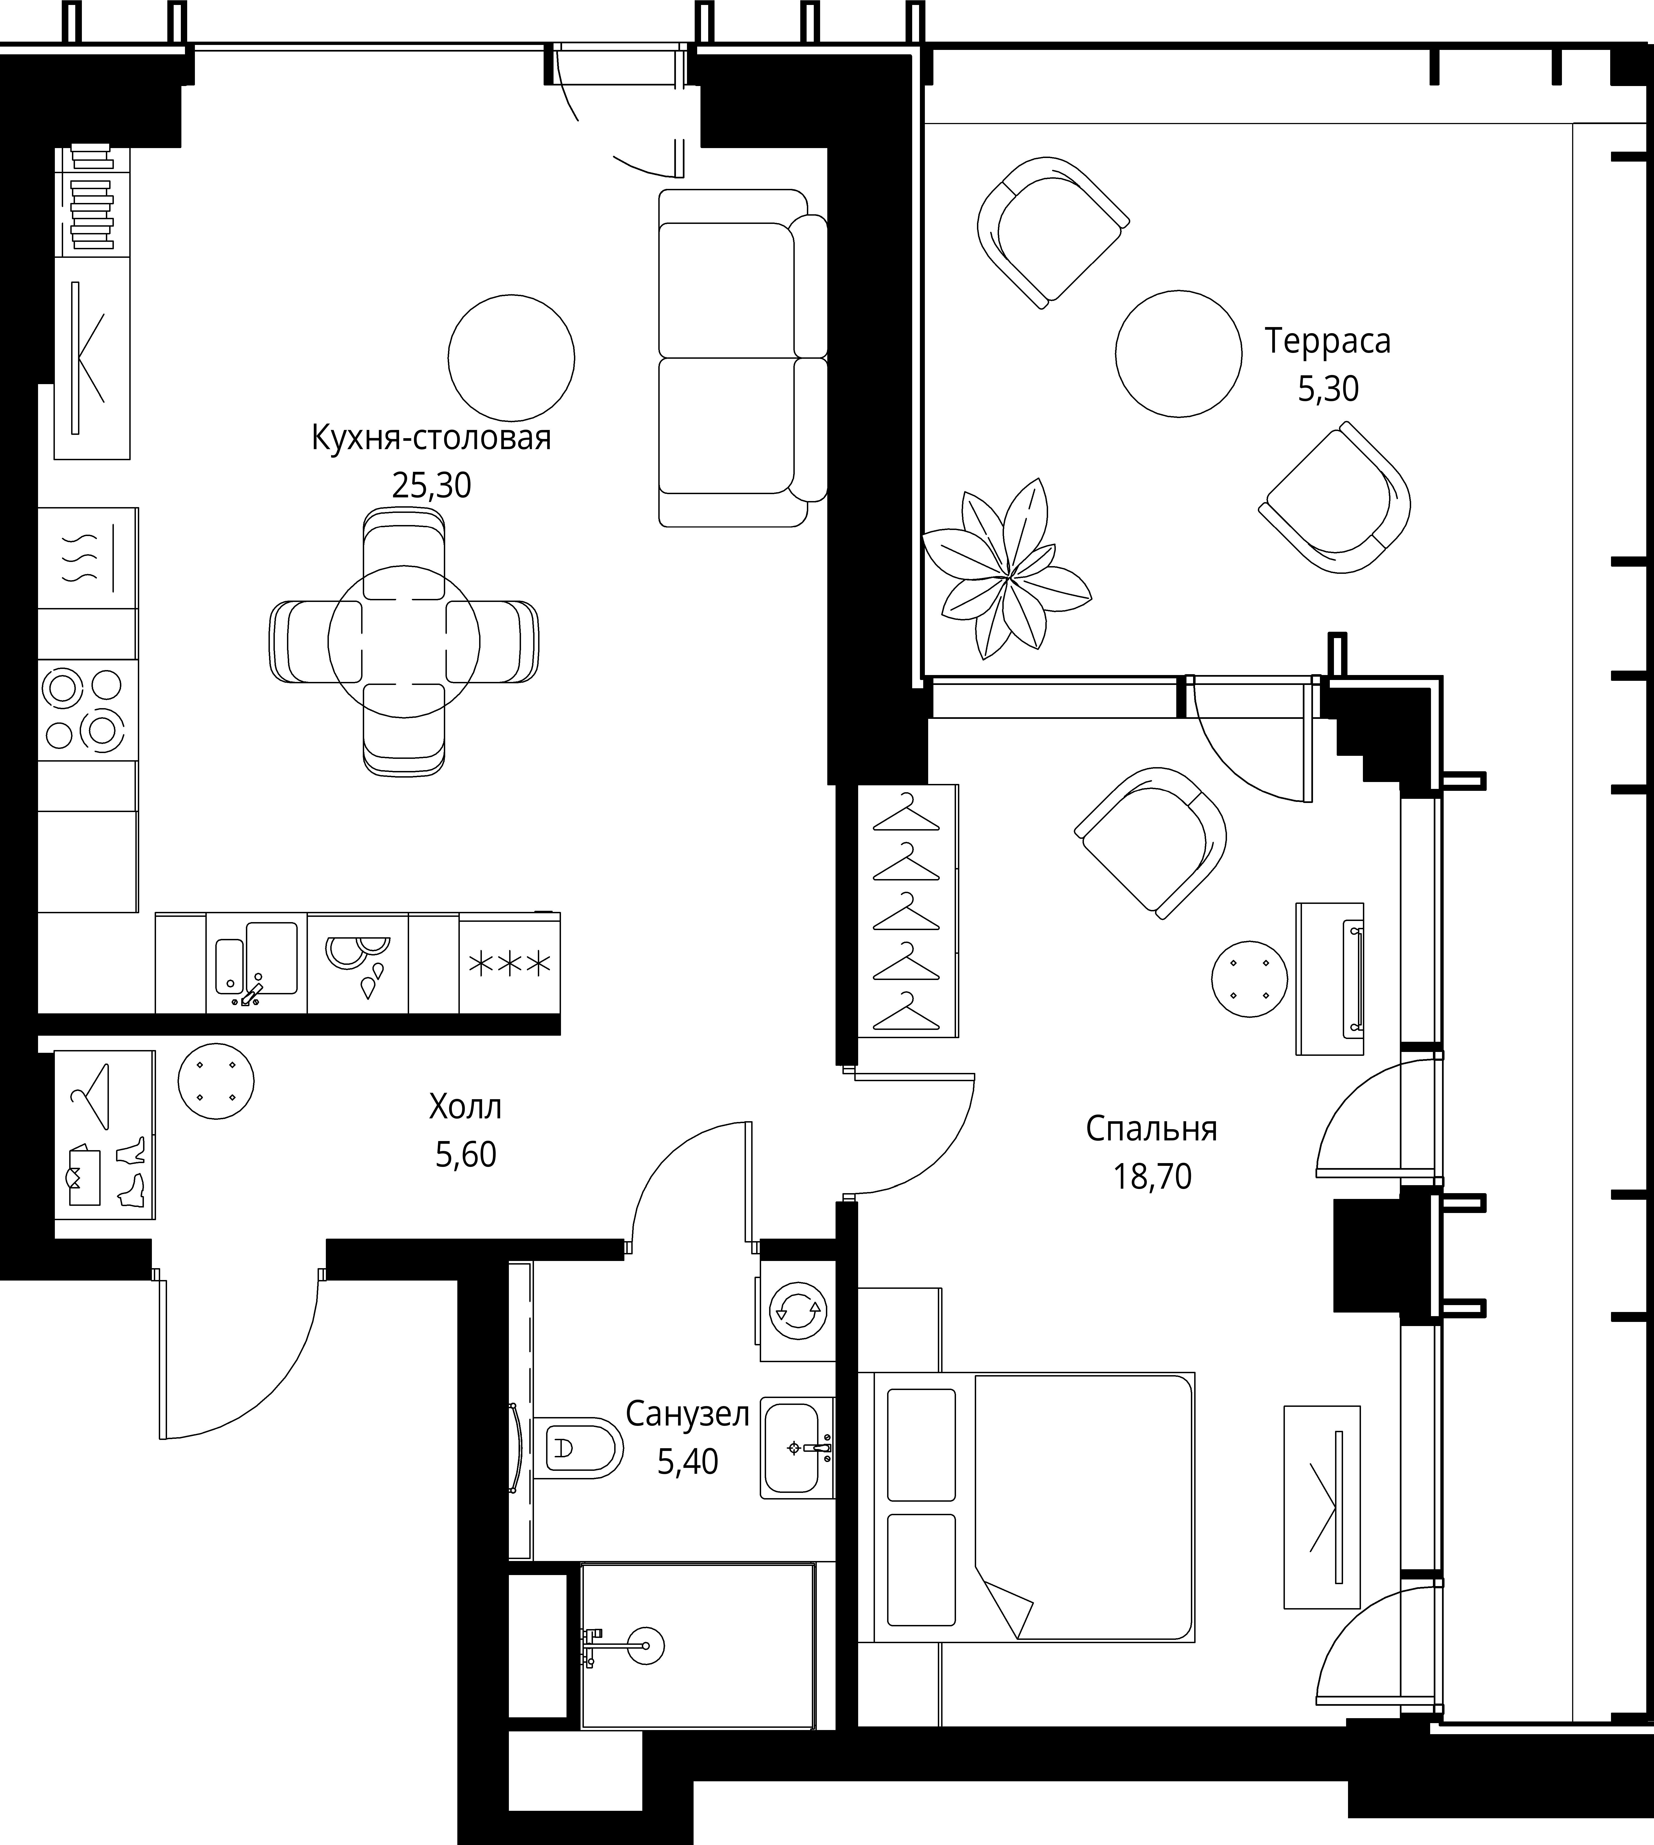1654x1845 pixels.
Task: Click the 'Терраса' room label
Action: coord(1328,341)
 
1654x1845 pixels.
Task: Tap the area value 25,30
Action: coord(432,485)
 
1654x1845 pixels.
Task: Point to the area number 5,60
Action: coord(465,1154)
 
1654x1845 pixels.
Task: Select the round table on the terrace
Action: coord(1179,354)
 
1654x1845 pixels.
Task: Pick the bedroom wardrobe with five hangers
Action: coord(907,911)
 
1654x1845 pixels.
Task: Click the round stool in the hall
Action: coord(216,1081)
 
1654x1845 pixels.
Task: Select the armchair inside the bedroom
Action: coord(1151,842)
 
